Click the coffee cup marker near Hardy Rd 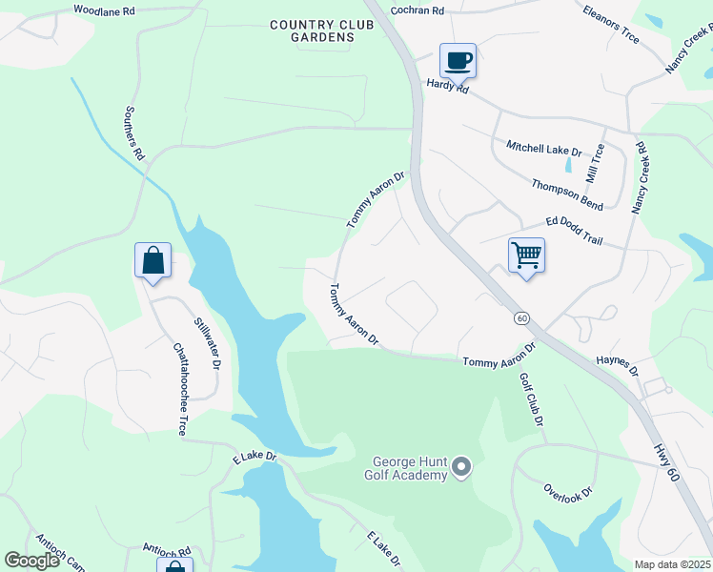click(x=458, y=60)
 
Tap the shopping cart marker click(x=526, y=255)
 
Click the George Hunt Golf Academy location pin click(x=462, y=467)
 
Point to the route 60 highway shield click(x=521, y=317)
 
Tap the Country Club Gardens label click(x=312, y=31)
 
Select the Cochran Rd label click(x=418, y=10)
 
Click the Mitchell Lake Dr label click(x=544, y=149)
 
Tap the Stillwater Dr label click(x=208, y=343)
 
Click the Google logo click(x=32, y=561)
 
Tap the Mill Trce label click(x=594, y=164)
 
